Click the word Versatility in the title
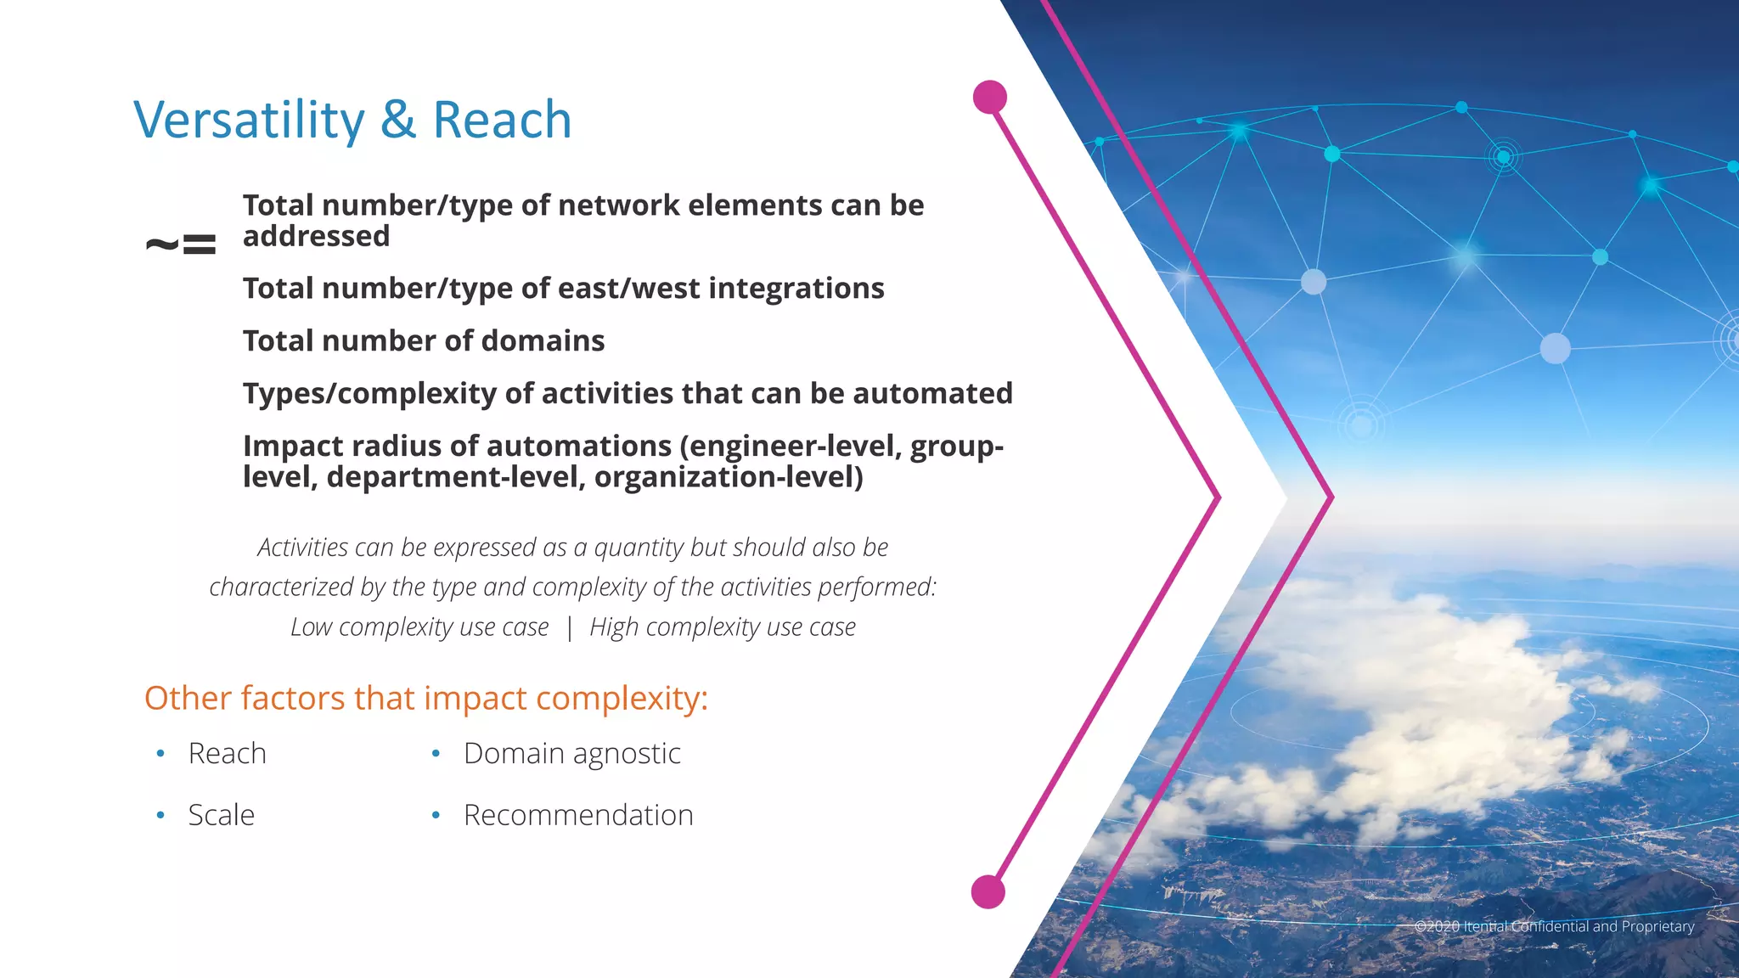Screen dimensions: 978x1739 pyautogui.click(x=249, y=120)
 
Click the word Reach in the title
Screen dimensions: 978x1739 pyautogui.click(x=502, y=120)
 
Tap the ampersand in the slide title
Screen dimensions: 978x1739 pyautogui.click(x=398, y=120)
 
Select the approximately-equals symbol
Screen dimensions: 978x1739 pyautogui.click(x=181, y=245)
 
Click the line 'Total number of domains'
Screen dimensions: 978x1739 pyautogui.click(x=424, y=341)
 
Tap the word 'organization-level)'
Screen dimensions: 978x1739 pyautogui.click(x=729, y=477)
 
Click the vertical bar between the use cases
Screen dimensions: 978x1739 pyautogui.click(x=569, y=627)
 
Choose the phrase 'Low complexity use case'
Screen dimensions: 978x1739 pyautogui.click(x=419, y=627)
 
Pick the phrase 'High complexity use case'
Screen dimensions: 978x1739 pyautogui.click(x=723, y=627)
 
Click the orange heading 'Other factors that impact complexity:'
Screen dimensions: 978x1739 pyautogui.click(x=425, y=698)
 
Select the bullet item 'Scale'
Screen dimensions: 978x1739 pyautogui.click(x=221, y=815)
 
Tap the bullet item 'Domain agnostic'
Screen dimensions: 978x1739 pyautogui.click(x=571, y=754)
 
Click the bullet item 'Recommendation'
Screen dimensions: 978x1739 pyautogui.click(x=578, y=815)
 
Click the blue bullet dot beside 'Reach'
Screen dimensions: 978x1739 pyautogui.click(x=160, y=754)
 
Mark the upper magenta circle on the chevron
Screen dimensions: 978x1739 pyautogui.click(x=990, y=98)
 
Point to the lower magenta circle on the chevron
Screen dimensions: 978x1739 pyautogui.click(x=988, y=892)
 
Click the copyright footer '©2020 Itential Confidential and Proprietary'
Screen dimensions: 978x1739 pyautogui.click(x=1554, y=926)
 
